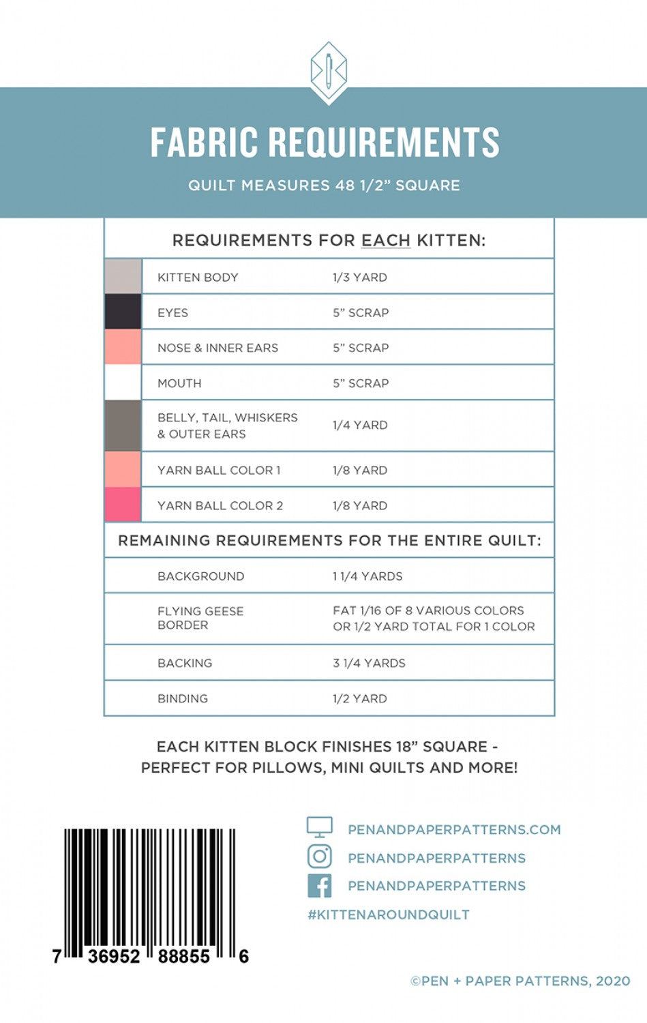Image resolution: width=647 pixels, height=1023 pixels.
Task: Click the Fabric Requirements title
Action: coord(325,143)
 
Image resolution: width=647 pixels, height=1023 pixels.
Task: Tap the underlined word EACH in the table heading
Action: coord(386,241)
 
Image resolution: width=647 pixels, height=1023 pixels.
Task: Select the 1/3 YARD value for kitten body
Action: coord(360,278)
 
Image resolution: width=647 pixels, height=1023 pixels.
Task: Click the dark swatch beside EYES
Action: coord(123,312)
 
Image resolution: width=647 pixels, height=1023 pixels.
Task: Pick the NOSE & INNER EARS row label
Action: coord(217,348)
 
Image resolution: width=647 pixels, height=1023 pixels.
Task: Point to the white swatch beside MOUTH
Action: coord(123,383)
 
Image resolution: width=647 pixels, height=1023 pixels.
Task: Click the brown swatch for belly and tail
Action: coord(123,426)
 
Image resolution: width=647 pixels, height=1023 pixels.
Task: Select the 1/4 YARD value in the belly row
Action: coord(360,426)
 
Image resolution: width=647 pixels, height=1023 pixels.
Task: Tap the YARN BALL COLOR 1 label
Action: coord(219,471)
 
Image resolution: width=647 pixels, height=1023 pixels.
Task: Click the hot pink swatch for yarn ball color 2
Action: coord(123,505)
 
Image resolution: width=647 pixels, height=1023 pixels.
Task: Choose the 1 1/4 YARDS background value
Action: coord(367,576)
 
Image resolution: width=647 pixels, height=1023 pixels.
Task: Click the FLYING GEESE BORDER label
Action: coord(200,618)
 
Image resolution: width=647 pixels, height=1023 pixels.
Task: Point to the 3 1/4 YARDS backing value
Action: coord(369,663)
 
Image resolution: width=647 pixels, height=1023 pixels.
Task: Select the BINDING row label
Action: coord(183,698)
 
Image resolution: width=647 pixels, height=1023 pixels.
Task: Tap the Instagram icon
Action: coord(319,857)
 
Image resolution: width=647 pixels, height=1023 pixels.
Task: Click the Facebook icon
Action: coord(319,886)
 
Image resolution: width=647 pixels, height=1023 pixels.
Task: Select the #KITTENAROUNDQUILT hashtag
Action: coord(389,915)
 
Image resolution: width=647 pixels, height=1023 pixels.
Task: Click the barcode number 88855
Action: coord(184,956)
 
